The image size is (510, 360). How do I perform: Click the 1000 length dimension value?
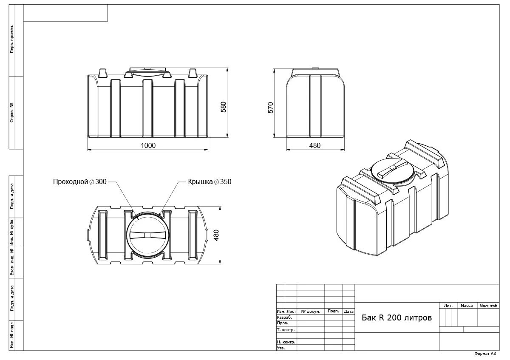pos(148,145)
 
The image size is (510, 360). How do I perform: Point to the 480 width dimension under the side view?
pos(314,145)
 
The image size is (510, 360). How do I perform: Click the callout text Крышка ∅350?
pos(210,181)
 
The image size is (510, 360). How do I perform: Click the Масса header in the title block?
pos(467,306)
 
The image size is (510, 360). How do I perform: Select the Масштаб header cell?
pos(488,306)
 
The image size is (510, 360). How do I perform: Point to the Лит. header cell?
pos(448,306)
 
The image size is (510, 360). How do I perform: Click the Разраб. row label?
pos(284,317)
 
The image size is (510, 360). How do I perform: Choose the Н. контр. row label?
pos(286,342)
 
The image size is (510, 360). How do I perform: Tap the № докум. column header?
pos(310,312)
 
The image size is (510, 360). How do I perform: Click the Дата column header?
pos(348,312)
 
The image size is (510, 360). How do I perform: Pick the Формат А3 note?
pos(485,354)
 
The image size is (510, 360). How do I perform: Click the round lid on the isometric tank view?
pos(392,171)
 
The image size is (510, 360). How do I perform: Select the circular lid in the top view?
pos(148,235)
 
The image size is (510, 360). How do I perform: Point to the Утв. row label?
pos(281,348)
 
